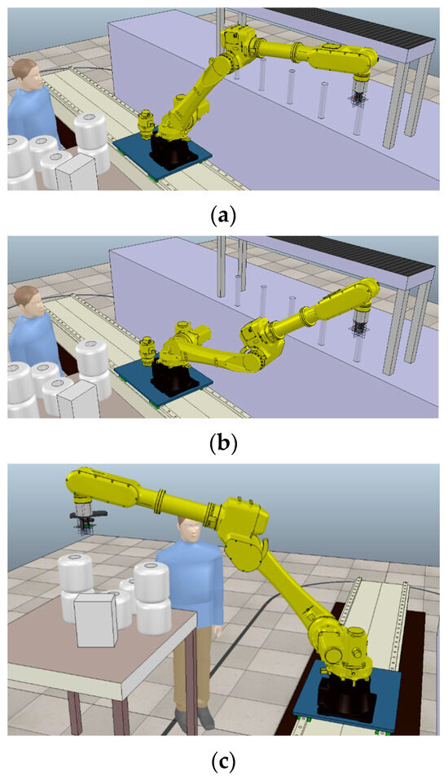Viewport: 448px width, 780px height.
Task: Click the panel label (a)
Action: [223, 216]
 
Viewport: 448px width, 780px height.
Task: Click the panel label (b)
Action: [223, 443]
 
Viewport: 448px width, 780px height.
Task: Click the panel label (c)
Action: [223, 761]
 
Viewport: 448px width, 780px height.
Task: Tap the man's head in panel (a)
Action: [28, 73]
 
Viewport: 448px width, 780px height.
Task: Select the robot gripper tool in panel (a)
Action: [358, 94]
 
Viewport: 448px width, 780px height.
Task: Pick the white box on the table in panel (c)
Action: [95, 620]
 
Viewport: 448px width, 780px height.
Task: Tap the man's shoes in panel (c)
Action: [195, 716]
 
